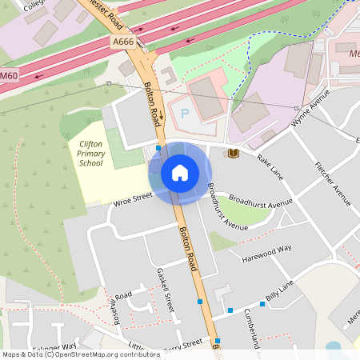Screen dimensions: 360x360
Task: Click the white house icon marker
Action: [x=180, y=173]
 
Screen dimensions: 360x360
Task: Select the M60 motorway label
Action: [x=8, y=75]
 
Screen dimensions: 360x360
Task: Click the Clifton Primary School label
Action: [x=90, y=153]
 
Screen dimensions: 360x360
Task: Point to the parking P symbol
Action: [x=185, y=114]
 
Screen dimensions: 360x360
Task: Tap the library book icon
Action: [x=234, y=153]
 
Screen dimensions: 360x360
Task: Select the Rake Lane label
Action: [x=270, y=162]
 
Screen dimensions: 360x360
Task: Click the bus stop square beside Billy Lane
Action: [x=230, y=310]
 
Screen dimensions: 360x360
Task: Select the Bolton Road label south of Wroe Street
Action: [x=189, y=246]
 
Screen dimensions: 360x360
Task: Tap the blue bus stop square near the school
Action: [x=158, y=148]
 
